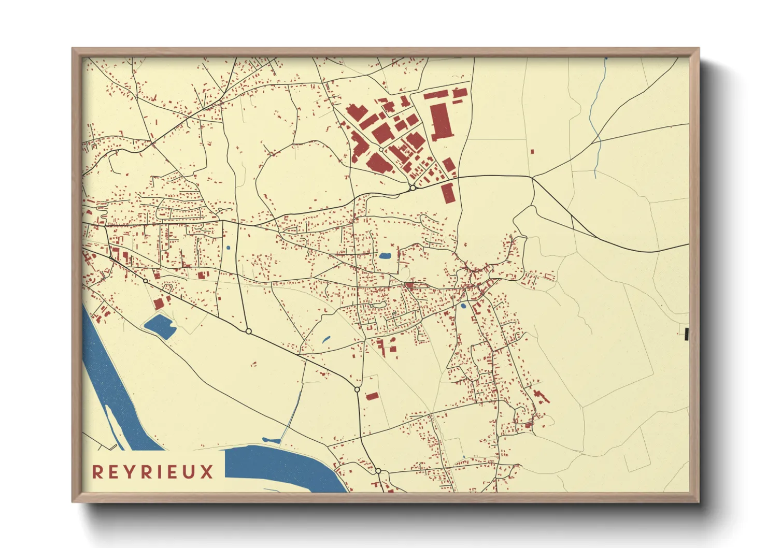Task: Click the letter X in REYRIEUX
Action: pyautogui.click(x=207, y=472)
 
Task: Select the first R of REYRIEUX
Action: pyautogui.click(x=97, y=472)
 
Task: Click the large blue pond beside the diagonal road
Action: pyautogui.click(x=159, y=326)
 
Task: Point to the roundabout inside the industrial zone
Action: pyautogui.click(x=381, y=149)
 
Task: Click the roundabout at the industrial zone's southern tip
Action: pyautogui.click(x=413, y=188)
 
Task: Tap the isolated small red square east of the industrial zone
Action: pyautogui.click(x=532, y=152)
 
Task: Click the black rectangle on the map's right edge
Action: pyautogui.click(x=686, y=334)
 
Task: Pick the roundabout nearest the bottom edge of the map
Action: pyautogui.click(x=378, y=471)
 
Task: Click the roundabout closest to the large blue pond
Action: pyautogui.click(x=146, y=281)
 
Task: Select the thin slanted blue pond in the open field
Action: pyautogui.click(x=326, y=340)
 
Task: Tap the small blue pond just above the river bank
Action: pyautogui.click(x=271, y=440)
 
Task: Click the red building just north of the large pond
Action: pyautogui.click(x=159, y=303)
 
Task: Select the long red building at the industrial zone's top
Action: pyautogui.click(x=435, y=95)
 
